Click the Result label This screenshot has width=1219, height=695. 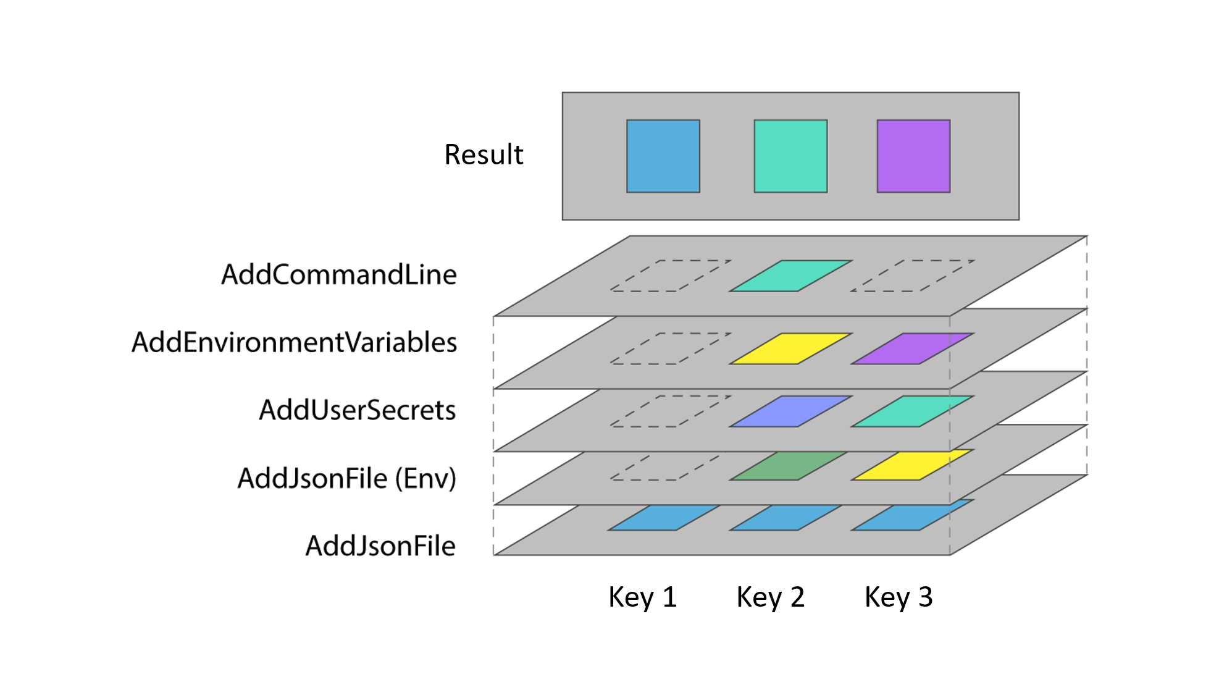click(x=484, y=154)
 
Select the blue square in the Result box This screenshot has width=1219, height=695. click(x=663, y=156)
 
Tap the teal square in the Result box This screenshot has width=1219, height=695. click(x=790, y=156)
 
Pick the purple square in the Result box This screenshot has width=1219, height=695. click(x=913, y=156)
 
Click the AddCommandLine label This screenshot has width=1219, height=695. click(x=339, y=274)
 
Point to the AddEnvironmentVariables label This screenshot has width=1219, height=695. click(x=294, y=342)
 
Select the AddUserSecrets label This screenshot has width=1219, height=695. click(x=357, y=410)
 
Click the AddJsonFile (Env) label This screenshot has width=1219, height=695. click(x=346, y=478)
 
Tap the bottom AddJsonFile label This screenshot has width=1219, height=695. click(x=380, y=546)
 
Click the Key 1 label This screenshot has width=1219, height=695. click(x=642, y=597)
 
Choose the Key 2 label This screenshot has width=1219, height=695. click(x=770, y=597)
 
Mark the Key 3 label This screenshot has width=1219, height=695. click(x=898, y=597)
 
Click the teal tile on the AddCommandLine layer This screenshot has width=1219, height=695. click(x=790, y=276)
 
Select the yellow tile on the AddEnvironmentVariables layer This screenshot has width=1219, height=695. click(x=790, y=348)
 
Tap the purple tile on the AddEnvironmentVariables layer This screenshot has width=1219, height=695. click(x=911, y=348)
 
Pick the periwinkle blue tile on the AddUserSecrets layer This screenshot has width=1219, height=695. click(x=790, y=411)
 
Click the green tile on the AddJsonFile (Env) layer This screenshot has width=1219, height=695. click(x=789, y=466)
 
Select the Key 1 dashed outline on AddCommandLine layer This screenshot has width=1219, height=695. click(x=671, y=276)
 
